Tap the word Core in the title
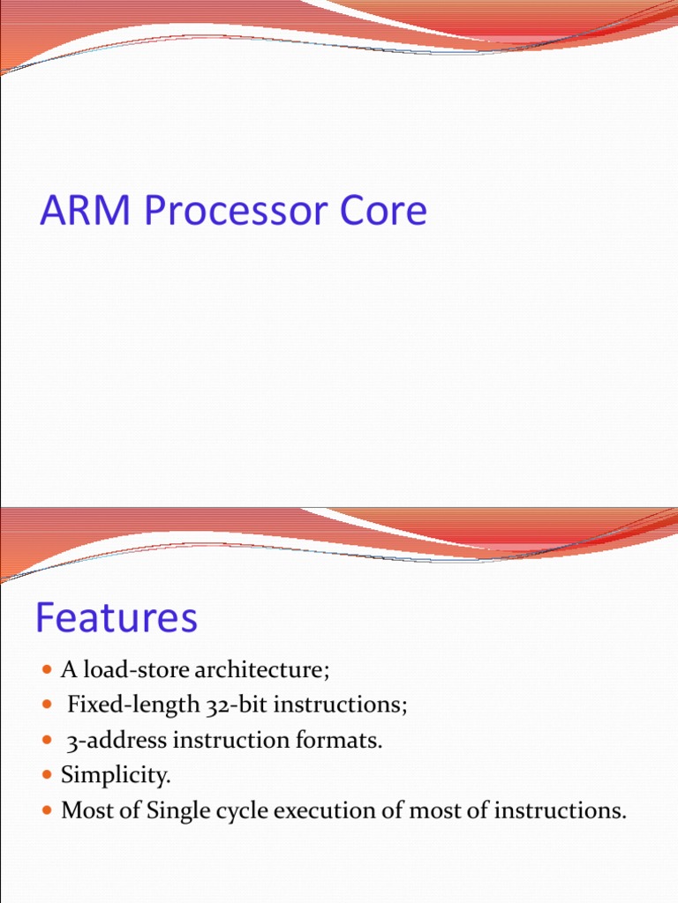click(x=384, y=213)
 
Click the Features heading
click(x=117, y=618)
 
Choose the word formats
click(x=345, y=741)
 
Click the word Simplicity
click(x=115, y=776)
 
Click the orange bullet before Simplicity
click(x=48, y=776)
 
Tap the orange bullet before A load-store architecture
click(x=48, y=671)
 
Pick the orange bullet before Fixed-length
click(x=48, y=706)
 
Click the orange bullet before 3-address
click(x=48, y=742)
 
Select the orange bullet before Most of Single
click(x=48, y=811)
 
